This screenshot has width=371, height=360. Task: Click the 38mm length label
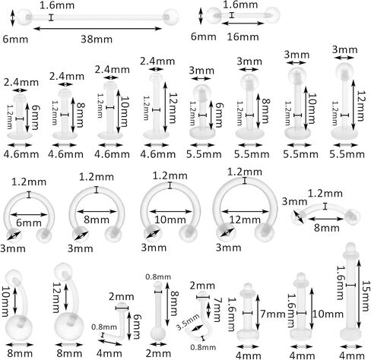click(97, 39)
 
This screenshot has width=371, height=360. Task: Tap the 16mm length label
click(243, 37)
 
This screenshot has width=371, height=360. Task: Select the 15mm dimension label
click(365, 295)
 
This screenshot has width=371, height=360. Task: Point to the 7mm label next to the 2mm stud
click(217, 310)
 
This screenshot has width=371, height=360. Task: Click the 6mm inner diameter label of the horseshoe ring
click(29, 223)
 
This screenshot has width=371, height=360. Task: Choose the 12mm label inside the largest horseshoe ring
click(245, 219)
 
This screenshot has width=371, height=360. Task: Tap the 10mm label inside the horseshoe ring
click(170, 219)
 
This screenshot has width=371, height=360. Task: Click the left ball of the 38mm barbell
click(24, 17)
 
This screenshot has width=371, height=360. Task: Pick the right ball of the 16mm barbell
click(272, 15)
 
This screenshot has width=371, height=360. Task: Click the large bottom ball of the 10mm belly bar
click(19, 327)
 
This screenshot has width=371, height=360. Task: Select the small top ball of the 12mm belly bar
click(62, 271)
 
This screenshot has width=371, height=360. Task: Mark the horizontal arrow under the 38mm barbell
click(97, 28)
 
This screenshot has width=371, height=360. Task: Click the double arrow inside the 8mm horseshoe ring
click(97, 211)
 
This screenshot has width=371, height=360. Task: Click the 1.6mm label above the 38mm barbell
click(57, 5)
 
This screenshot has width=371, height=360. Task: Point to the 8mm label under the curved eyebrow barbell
click(327, 228)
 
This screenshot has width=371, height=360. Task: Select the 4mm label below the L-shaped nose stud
click(109, 353)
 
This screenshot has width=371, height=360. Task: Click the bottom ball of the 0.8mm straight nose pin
click(157, 334)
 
